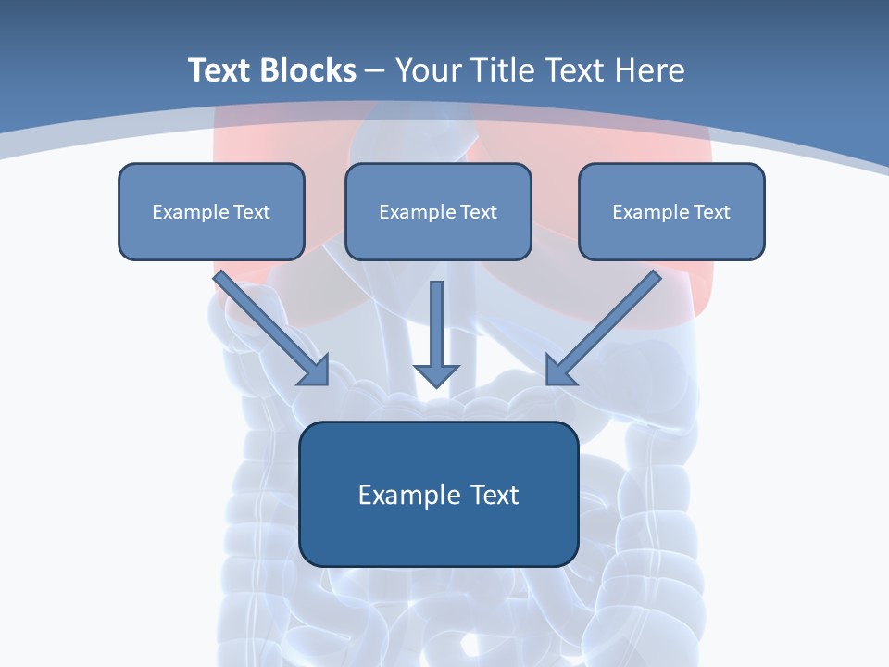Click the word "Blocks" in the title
click(x=309, y=70)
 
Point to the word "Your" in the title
click(x=428, y=70)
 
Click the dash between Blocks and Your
click(x=375, y=71)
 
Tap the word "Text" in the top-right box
click(x=711, y=212)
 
